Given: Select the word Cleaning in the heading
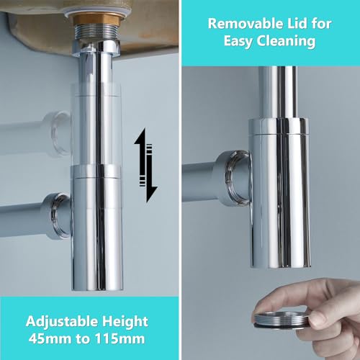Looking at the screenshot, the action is coord(286,41).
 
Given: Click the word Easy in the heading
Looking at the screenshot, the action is coord(238,42).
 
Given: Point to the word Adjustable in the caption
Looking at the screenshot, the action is coord(62,321).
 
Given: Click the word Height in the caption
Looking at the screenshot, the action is coord(125,321).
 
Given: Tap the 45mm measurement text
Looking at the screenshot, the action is coord(50,338).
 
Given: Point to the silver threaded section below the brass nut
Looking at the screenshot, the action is coord(96,33).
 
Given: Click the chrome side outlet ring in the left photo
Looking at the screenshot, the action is coord(60,215).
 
